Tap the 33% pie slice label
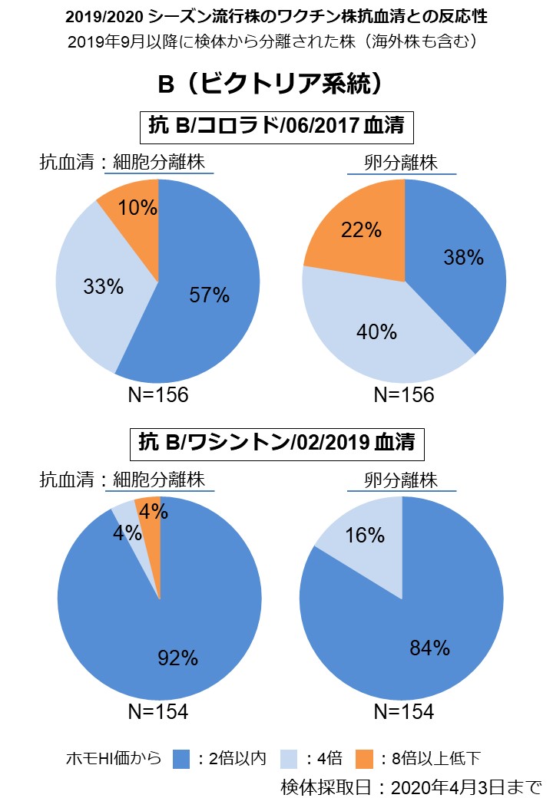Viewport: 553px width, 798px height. [x=103, y=286]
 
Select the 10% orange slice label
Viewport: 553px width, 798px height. [x=138, y=207]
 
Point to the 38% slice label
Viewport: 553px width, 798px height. [x=464, y=257]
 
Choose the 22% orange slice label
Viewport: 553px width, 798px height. [x=362, y=229]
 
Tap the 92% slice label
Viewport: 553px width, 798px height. [x=179, y=658]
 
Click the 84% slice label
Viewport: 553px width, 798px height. [x=430, y=648]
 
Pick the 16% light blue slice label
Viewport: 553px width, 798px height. [x=366, y=535]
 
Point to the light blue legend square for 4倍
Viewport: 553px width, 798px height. [x=290, y=759]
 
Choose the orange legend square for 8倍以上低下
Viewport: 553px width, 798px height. [x=367, y=759]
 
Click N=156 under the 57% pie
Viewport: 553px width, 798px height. [x=157, y=394]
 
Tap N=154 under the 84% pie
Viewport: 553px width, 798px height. [x=403, y=712]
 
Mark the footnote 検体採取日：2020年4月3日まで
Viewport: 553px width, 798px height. [x=411, y=786]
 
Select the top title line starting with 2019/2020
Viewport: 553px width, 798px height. [x=276, y=15]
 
